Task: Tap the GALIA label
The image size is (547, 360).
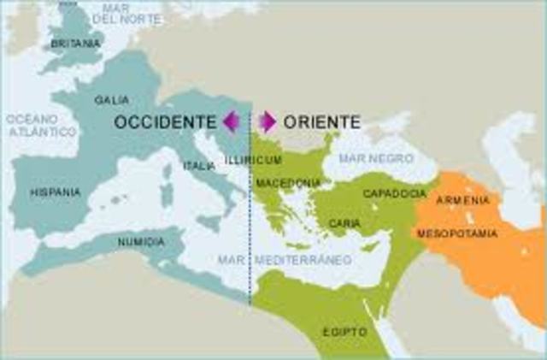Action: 112,100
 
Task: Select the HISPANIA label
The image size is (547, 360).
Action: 55,192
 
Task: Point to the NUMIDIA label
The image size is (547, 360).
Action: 141,242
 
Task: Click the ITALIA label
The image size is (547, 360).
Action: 199,166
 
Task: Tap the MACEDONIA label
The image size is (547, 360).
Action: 289,183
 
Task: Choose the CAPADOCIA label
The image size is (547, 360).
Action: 389,194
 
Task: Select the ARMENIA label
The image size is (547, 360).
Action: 463,200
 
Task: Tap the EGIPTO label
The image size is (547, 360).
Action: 345,331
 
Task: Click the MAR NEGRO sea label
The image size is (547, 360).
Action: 376,158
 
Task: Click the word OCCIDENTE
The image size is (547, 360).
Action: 166,122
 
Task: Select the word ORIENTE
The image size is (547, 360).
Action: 321,122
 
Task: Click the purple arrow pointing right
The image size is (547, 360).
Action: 267,122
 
